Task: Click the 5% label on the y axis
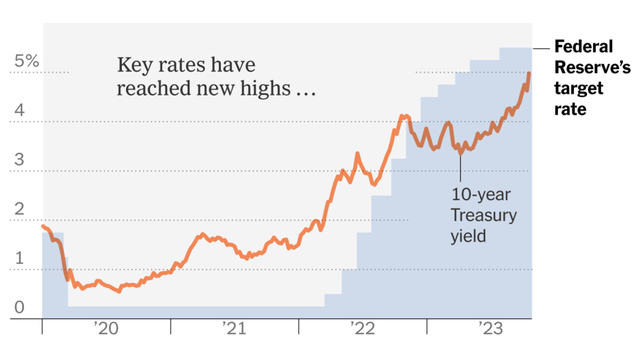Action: tap(27, 61)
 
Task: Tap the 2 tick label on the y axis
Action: tap(19, 208)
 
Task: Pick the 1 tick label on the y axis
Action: tap(19, 258)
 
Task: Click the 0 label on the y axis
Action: tap(19, 307)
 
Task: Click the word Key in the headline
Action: tap(133, 66)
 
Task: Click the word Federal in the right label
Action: tap(584, 47)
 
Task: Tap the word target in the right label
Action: tap(578, 89)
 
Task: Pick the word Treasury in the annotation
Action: tap(484, 216)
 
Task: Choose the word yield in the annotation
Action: tap(468, 236)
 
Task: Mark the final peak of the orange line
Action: tap(529, 74)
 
